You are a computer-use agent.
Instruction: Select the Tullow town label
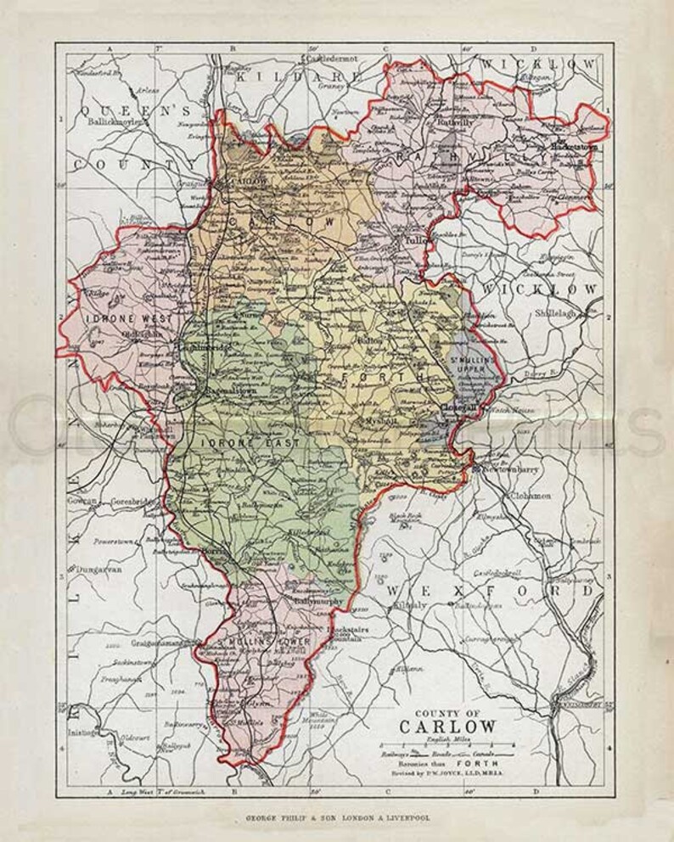point(414,239)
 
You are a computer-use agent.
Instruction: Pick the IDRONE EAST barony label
point(227,442)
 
